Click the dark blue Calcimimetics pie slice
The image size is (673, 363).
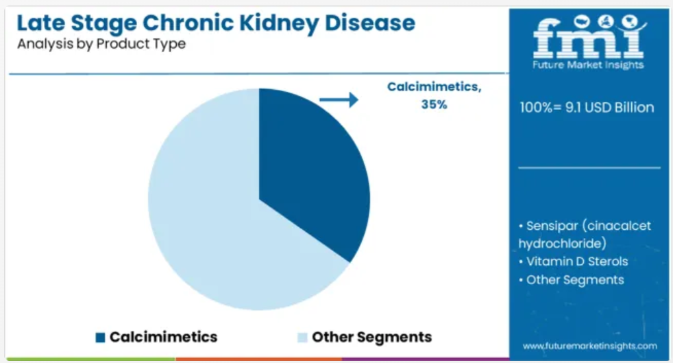(x=309, y=172)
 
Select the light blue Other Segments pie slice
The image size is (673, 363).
(x=206, y=215)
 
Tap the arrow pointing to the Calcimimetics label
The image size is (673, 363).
(x=339, y=100)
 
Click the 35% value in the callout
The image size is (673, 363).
(x=434, y=104)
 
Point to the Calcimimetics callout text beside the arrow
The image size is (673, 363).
(x=435, y=86)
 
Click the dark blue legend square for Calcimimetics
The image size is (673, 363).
(x=100, y=337)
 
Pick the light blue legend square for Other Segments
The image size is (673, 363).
(x=303, y=337)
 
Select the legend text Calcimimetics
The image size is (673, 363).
(x=164, y=337)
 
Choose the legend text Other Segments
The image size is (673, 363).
(x=371, y=337)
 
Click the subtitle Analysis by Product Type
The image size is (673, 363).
(x=101, y=44)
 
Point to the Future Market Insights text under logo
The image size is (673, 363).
(x=588, y=65)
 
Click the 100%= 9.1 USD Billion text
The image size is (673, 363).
(x=587, y=108)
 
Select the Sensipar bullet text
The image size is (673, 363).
(x=585, y=235)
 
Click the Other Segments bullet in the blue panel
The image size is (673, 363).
(x=572, y=280)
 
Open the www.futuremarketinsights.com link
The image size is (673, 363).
(x=590, y=346)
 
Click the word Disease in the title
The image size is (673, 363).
(x=370, y=23)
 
